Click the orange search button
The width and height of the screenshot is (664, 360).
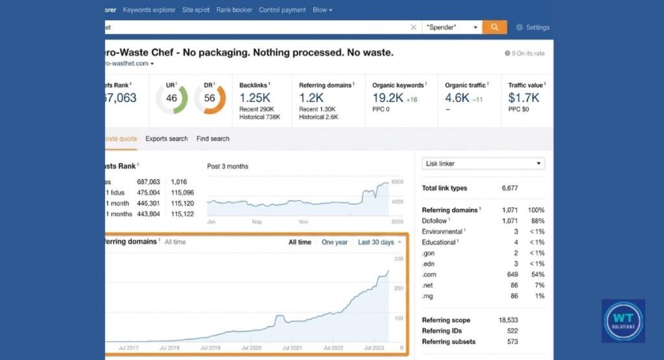495,27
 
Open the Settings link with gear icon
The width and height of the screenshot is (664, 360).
532,27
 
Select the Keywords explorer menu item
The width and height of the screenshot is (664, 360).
149,10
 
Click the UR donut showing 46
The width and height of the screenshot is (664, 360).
171,99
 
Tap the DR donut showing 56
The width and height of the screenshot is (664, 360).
209,99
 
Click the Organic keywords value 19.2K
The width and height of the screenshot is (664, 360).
387,98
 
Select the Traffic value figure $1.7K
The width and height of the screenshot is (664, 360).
524,98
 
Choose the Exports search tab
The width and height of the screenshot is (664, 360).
167,139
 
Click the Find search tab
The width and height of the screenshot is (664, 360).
213,139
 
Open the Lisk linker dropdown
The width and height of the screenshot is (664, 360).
483,163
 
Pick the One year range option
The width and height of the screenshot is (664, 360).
335,242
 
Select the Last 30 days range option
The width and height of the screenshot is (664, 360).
376,242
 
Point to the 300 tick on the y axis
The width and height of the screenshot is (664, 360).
398,259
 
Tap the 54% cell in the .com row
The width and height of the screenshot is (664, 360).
537,274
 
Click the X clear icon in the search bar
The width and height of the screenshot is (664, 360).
414,27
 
